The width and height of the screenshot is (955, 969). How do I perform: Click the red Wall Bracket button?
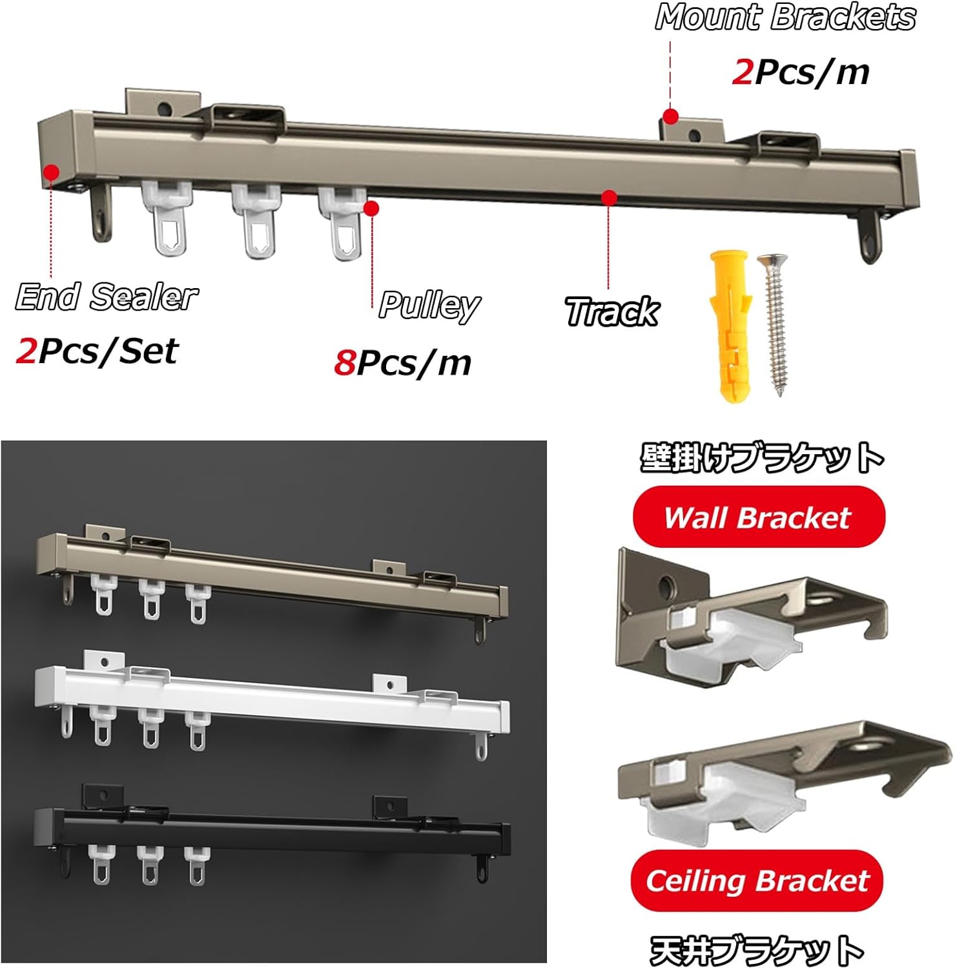click(758, 517)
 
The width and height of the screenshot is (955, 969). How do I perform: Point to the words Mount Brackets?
click(785, 17)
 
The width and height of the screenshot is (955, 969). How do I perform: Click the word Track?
click(611, 312)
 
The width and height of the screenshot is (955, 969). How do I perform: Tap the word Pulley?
click(429, 305)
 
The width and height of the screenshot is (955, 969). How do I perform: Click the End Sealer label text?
click(107, 297)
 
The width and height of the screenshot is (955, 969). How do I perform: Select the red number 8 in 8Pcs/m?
click(344, 363)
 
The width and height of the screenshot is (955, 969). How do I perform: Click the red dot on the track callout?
click(608, 197)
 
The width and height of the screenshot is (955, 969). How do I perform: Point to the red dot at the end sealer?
click(51, 172)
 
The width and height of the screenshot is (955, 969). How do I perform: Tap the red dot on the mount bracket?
click(671, 117)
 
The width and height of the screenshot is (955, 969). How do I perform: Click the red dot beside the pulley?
click(371, 208)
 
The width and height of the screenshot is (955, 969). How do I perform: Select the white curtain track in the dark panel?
click(271, 698)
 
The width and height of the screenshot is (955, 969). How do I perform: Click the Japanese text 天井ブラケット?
click(757, 951)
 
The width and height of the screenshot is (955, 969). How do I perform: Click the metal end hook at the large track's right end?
click(870, 237)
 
